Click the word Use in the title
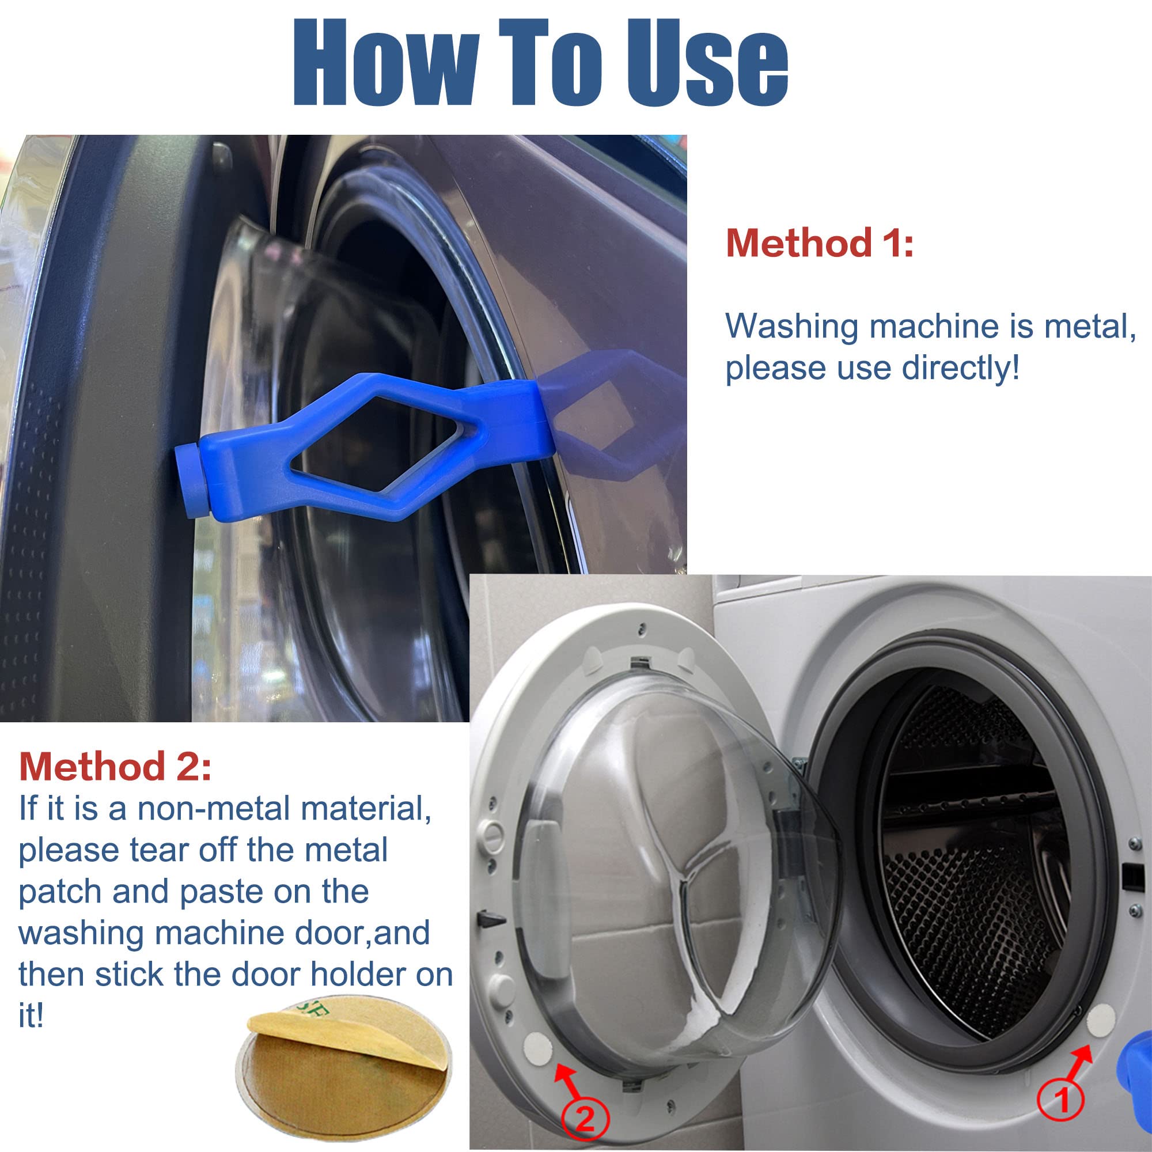click(x=708, y=63)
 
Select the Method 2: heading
click(x=115, y=766)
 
